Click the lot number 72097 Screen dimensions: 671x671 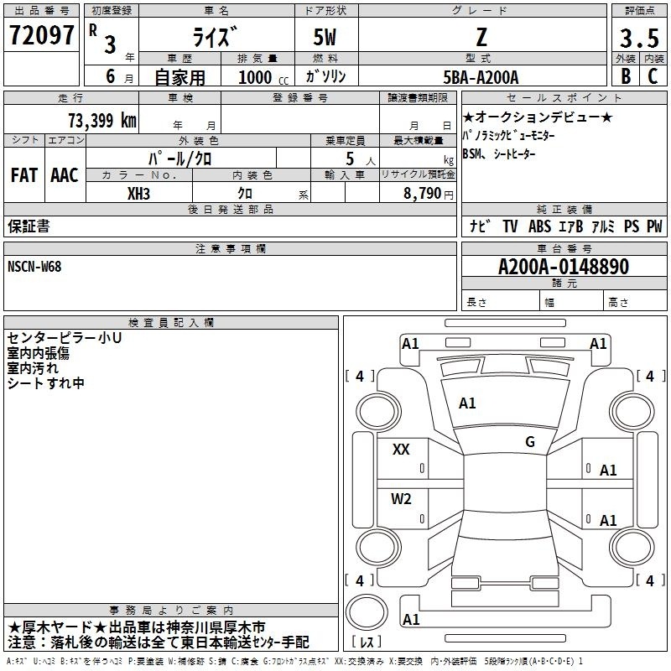(41, 35)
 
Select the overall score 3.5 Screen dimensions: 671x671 (639, 38)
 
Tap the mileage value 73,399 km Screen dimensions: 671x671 (102, 121)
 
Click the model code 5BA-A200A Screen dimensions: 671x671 (481, 77)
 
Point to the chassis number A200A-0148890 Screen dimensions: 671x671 (564, 267)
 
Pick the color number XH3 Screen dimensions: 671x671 (138, 194)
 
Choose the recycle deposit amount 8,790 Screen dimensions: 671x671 (422, 194)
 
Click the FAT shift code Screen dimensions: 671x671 (24, 175)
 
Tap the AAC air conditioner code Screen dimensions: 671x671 (65, 175)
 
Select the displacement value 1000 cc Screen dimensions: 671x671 (263, 77)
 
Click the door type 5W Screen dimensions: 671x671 (325, 37)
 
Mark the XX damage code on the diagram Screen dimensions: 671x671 (401, 450)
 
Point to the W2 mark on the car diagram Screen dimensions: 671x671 (401, 499)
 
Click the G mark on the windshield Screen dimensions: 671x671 (530, 442)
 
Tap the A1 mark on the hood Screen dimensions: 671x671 (467, 403)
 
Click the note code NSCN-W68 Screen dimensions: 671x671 (34, 267)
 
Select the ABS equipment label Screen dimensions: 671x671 (539, 226)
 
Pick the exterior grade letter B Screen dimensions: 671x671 (626, 76)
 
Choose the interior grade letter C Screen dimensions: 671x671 (653, 76)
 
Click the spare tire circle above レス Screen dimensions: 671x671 (367, 612)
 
